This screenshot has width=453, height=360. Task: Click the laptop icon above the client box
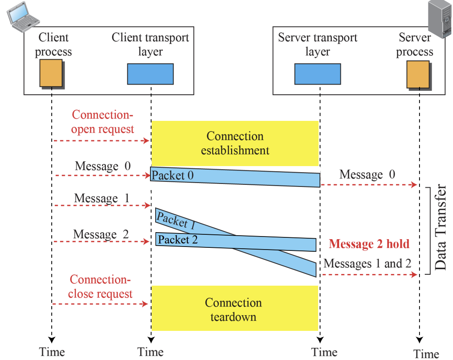coord(23,17)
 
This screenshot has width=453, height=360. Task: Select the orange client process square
coord(51,73)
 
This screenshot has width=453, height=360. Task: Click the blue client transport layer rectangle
coord(150,74)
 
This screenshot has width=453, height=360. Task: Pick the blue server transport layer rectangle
coord(317,74)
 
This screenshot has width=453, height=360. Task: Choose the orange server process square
coord(418,74)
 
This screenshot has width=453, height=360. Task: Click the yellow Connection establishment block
coord(235,143)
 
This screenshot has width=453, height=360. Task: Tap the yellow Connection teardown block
coord(235,308)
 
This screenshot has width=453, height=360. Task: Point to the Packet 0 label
coord(173,175)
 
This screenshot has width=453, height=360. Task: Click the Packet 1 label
coord(176,220)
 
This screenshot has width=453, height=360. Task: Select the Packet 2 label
coord(178,240)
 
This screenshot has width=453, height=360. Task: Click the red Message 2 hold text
coord(369,244)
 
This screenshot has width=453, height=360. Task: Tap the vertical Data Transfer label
coord(440,227)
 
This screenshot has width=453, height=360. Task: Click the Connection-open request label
coord(103,122)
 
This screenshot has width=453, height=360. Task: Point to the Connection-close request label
coord(100,287)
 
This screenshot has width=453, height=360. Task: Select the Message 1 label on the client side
coord(102,198)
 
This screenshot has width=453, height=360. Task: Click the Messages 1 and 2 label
coord(367,263)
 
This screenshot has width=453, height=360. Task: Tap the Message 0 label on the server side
coord(367,174)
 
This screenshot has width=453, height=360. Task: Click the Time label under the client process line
coord(52,352)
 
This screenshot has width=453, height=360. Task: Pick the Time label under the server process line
coord(426,354)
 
